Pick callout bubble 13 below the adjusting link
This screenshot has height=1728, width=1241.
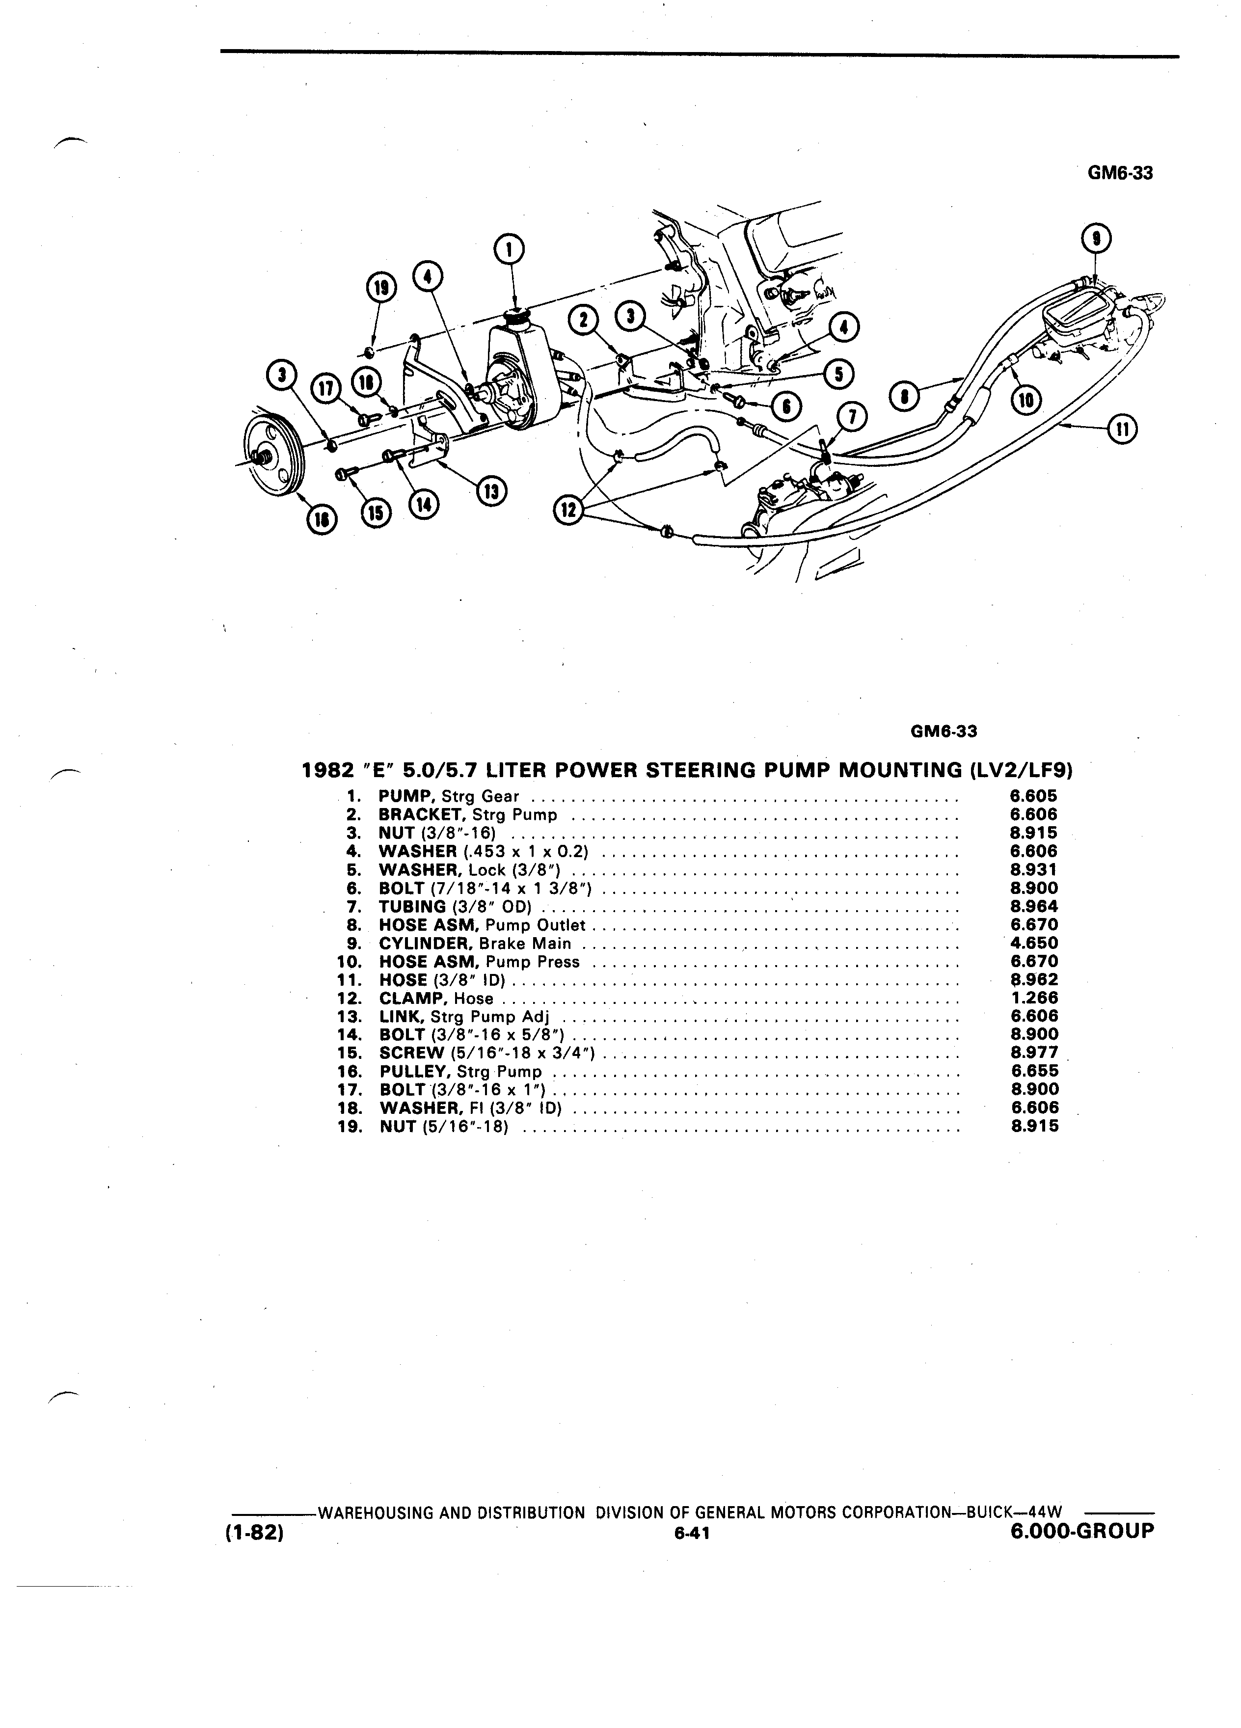[490, 491]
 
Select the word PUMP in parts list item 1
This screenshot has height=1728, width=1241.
[406, 797]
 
